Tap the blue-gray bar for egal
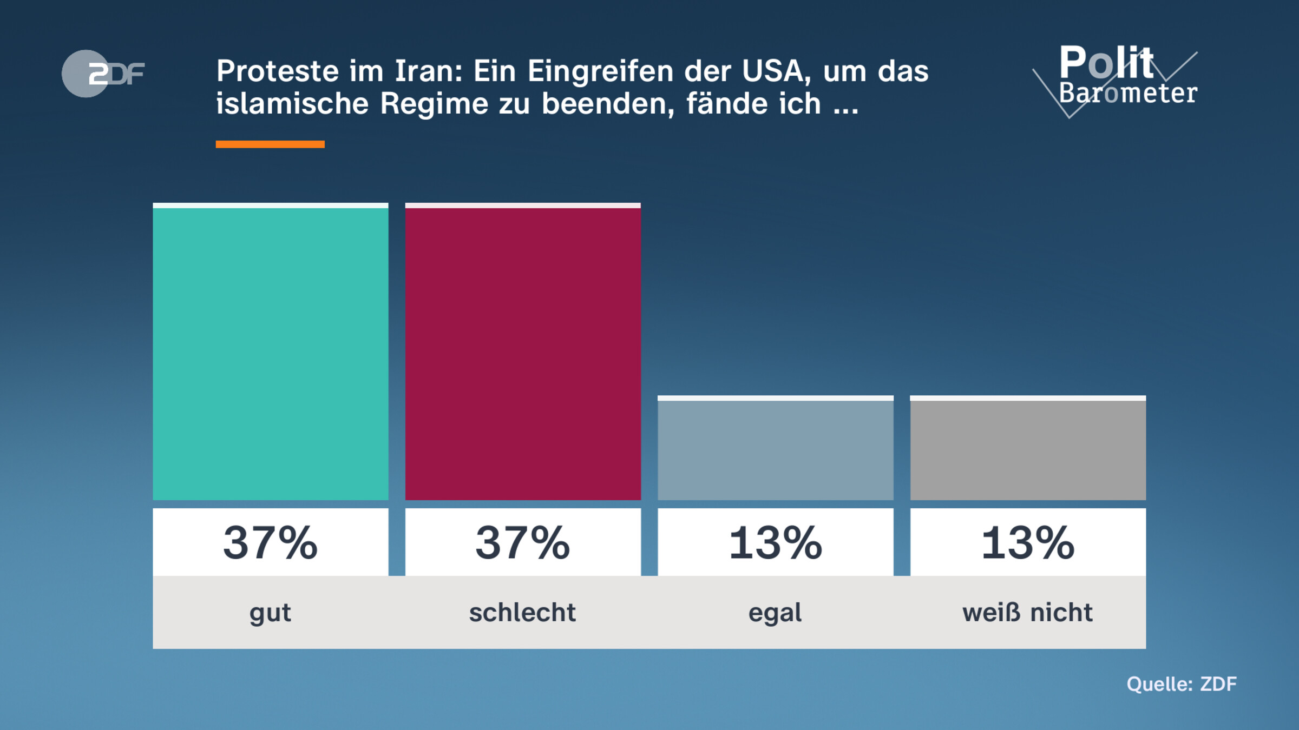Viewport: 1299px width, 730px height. [x=775, y=449]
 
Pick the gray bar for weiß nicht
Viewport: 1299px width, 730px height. [x=1027, y=449]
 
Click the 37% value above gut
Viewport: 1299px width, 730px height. [x=271, y=542]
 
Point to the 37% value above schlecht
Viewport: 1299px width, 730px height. [x=523, y=542]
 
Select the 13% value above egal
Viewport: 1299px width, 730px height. [x=775, y=542]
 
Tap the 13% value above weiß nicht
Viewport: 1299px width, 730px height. [x=1027, y=542]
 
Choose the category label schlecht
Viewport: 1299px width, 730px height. [x=523, y=613]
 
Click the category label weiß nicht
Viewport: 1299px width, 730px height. [x=1027, y=613]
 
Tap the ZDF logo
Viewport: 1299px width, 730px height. [x=103, y=74]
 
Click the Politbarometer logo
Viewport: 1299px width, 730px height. [x=1120, y=78]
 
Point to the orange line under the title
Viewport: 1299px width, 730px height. [x=270, y=144]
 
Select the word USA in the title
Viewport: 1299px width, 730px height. [x=774, y=71]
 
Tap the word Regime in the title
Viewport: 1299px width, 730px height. [x=434, y=104]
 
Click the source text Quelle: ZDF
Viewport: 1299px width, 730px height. [x=1182, y=684]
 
